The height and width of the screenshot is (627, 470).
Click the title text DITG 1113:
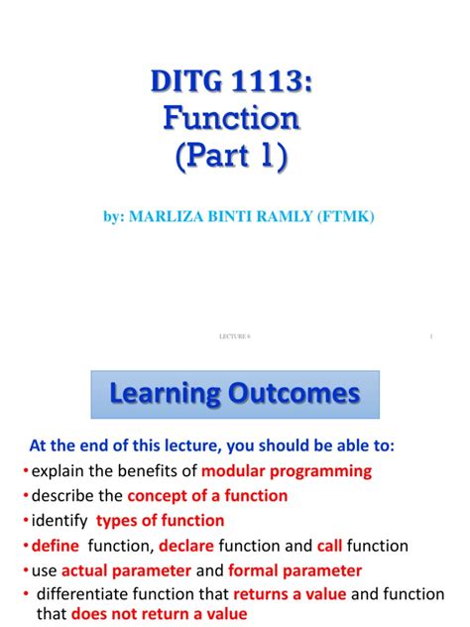[x=235, y=80]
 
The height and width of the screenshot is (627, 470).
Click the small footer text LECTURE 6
[x=234, y=337]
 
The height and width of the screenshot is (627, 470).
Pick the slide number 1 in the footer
[x=432, y=337]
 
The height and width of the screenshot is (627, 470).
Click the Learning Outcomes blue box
[x=234, y=394]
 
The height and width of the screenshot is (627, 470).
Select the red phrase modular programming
[x=288, y=470]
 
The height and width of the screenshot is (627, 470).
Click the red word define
[x=54, y=546]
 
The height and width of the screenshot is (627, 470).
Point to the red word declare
[x=186, y=546]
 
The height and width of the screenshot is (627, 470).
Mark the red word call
[x=329, y=546]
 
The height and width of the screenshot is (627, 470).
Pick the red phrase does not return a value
[x=159, y=614]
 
